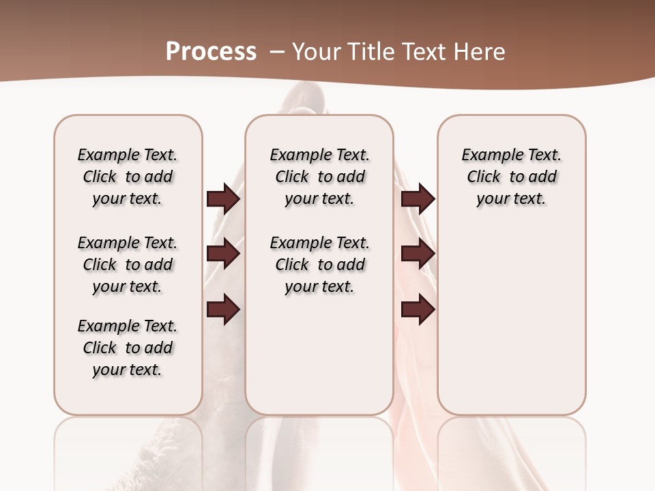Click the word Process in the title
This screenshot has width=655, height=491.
(x=211, y=52)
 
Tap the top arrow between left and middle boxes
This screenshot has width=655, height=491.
(x=223, y=198)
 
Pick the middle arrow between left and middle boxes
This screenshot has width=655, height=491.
(x=223, y=254)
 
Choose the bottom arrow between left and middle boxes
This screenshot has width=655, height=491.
(x=223, y=310)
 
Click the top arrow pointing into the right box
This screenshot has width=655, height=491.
(x=418, y=198)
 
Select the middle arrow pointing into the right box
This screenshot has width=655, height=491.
(x=418, y=254)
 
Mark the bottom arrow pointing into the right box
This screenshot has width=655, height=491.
(x=418, y=310)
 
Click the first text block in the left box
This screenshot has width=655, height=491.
(x=128, y=177)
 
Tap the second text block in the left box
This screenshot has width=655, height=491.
(x=128, y=265)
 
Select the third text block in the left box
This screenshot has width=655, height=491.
(x=128, y=348)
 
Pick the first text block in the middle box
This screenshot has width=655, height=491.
(x=320, y=177)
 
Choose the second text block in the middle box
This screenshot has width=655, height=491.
(x=320, y=265)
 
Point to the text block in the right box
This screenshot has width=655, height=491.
(x=512, y=177)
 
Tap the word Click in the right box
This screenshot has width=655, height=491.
(x=484, y=177)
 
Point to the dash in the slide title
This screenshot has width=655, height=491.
(x=276, y=52)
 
